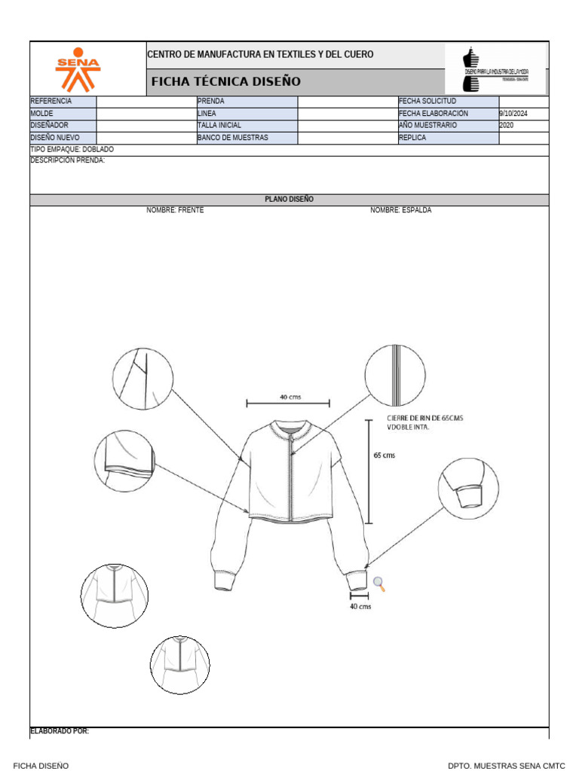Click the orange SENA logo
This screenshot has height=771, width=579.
click(78, 69)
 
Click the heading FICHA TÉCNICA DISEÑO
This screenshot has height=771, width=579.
click(226, 81)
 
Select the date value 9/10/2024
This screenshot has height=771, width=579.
click(513, 114)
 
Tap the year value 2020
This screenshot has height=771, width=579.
click(507, 126)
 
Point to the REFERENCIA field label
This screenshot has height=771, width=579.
click(51, 101)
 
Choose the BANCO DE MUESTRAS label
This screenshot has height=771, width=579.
click(232, 138)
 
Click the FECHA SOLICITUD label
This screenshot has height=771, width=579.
click(427, 101)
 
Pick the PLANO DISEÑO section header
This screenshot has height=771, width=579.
click(289, 200)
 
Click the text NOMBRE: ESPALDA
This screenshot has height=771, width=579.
click(400, 210)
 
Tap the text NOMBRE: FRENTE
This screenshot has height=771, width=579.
click(175, 210)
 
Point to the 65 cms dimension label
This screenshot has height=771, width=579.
click(384, 456)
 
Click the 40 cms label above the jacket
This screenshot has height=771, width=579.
click(291, 397)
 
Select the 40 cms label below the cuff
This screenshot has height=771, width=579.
click(360, 606)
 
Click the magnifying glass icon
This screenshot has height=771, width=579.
click(379, 583)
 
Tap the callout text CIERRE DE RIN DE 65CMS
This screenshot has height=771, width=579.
click(424, 419)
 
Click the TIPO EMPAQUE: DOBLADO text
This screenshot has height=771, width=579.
click(72, 150)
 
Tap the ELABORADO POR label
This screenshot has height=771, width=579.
click(60, 731)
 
